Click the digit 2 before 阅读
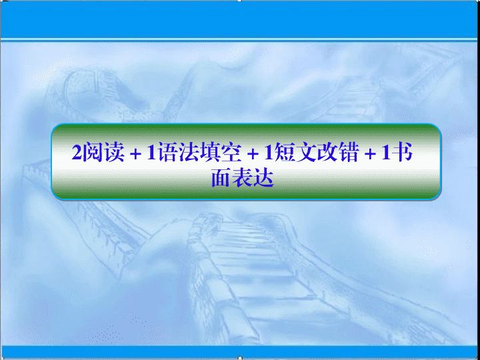point(75,153)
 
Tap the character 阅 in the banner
point(89,153)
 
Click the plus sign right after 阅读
point(135,154)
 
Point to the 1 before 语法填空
point(150,153)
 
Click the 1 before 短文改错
point(267,153)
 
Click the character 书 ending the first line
point(401,153)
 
